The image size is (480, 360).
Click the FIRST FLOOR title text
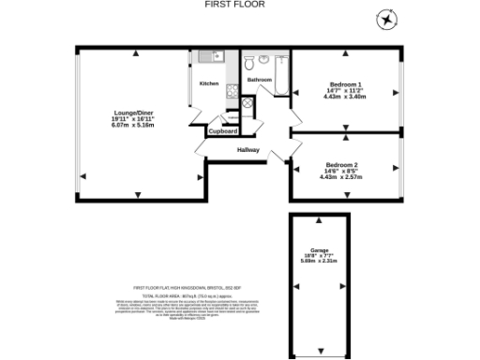pos(234,5)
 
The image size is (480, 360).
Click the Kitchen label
pos(209,83)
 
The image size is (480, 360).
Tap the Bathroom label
pos(260,81)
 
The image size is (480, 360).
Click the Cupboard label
pos(222,131)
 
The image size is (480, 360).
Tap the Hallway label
pos(248,150)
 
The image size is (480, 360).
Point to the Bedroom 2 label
pos(341,164)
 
